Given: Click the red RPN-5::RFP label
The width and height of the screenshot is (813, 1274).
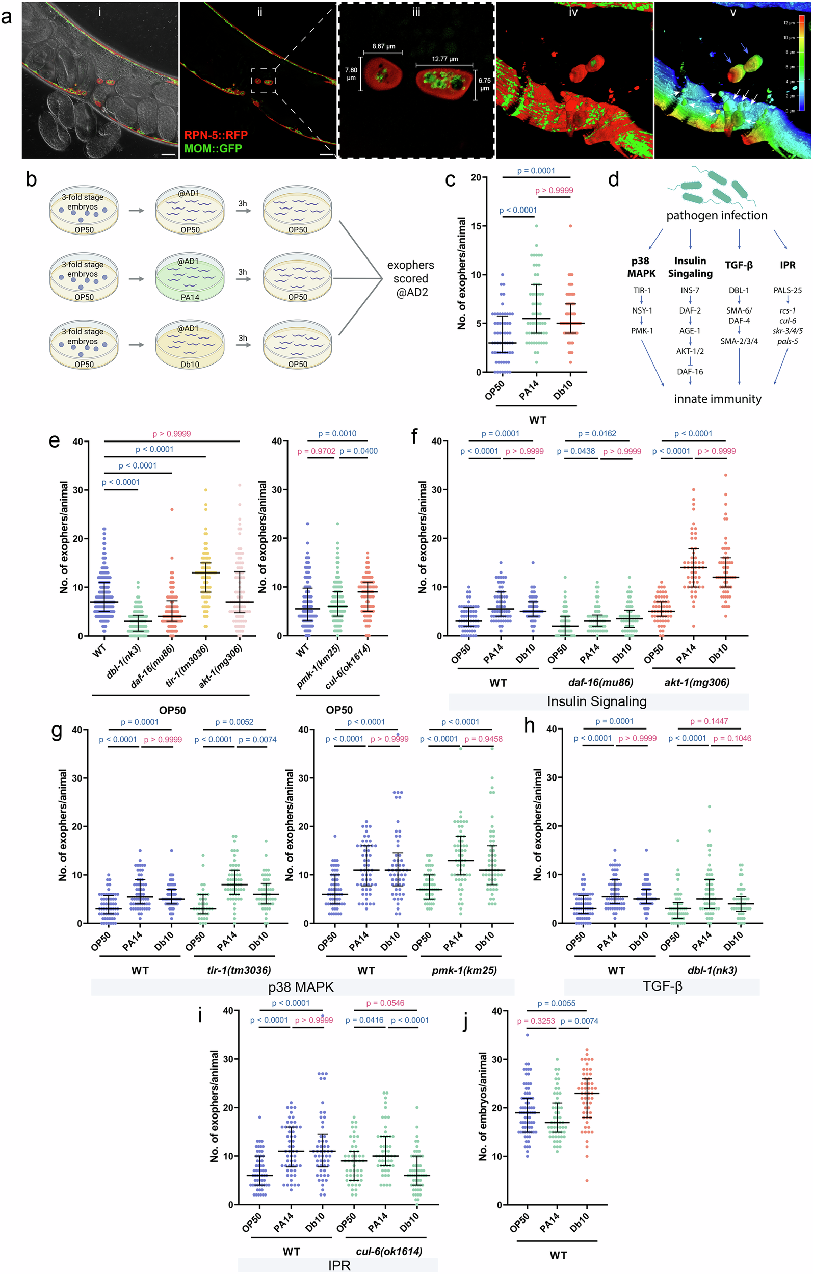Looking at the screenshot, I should click(216, 135).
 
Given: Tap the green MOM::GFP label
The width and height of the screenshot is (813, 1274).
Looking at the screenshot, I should click(213, 148).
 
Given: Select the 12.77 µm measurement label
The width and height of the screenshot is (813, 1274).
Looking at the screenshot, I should click(444, 59).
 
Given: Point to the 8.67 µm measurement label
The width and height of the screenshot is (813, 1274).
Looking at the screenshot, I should click(383, 46).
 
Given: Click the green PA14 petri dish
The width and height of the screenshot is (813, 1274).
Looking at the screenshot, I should click(190, 278).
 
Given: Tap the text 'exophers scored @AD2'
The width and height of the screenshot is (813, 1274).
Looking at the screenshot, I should click(410, 278).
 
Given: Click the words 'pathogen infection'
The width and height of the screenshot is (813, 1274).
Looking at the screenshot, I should click(716, 215).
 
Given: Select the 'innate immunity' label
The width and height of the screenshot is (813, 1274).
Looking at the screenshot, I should click(717, 399).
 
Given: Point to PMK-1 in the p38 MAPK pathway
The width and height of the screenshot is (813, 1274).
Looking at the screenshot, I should click(642, 331).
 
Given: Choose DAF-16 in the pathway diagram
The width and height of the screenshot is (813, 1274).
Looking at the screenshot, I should click(690, 372).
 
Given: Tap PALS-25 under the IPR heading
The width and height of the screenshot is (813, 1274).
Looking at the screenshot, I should click(787, 290).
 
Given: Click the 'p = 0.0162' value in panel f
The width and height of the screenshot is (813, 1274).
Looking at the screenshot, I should click(597, 434).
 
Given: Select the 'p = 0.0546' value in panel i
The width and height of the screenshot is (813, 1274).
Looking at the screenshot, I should click(385, 1003).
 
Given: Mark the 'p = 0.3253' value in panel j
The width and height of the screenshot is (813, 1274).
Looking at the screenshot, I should click(536, 1021).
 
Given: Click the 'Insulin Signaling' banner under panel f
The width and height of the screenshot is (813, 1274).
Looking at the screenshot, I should click(597, 701).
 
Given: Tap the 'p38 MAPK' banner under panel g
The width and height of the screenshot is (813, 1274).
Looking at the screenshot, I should click(301, 986).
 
